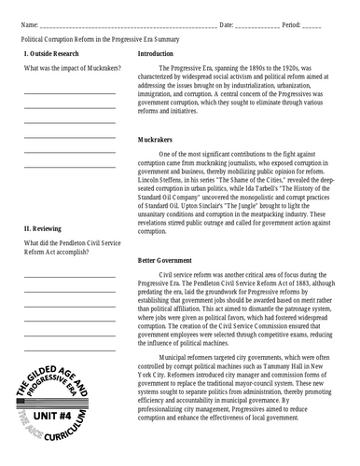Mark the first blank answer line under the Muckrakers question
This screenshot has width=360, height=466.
[70, 93]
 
